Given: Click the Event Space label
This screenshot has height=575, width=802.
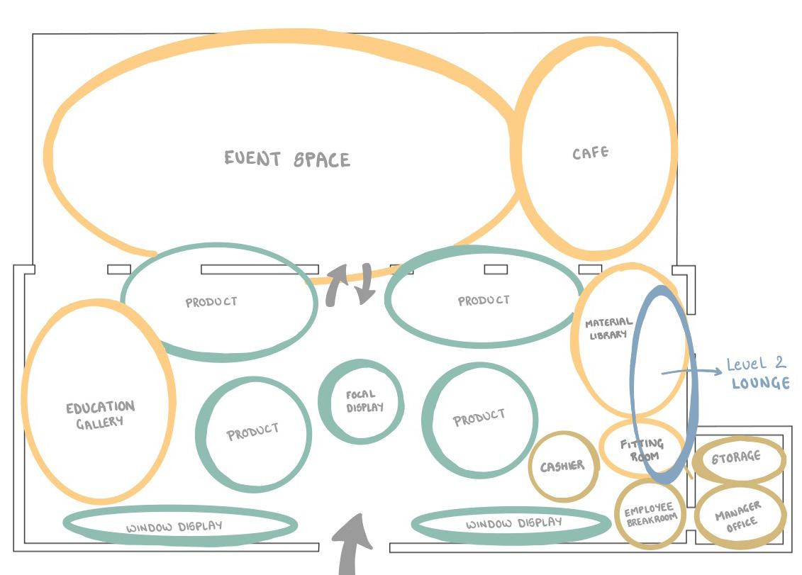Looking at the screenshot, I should tap(287, 158).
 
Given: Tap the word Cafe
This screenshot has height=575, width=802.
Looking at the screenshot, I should tap(590, 152).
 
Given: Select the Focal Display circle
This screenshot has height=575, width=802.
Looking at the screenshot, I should tap(361, 401).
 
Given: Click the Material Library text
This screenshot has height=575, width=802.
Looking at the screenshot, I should tap(608, 328).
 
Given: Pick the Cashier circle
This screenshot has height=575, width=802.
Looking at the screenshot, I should tap(563, 466).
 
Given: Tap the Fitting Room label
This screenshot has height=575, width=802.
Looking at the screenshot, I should tap(641, 450).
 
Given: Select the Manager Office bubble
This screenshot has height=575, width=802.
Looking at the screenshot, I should tap(739, 515).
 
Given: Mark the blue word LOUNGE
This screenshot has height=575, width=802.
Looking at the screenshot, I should tap(760, 384).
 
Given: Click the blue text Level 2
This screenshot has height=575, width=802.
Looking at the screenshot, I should tap(756, 364).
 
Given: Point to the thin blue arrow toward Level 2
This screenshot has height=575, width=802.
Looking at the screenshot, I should tap(691, 371).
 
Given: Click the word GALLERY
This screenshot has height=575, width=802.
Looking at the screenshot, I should tap(100, 423).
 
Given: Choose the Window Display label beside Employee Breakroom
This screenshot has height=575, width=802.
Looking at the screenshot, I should tap(513, 524).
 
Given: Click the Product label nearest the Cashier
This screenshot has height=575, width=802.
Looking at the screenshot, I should tap(479, 418).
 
